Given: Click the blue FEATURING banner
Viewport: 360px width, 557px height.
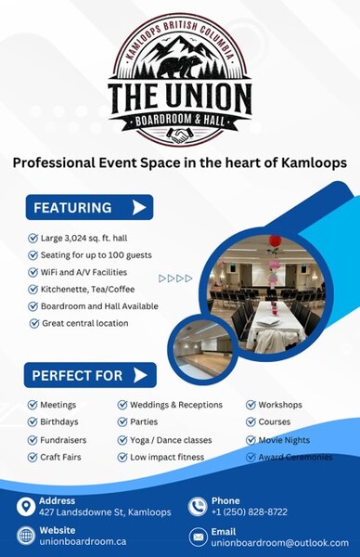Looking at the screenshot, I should (88, 207).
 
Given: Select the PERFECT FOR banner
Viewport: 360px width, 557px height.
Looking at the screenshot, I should (89, 375).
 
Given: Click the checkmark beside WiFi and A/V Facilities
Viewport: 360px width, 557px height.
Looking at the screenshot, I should (32, 272).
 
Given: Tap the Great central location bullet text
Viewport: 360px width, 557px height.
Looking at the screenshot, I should (84, 323).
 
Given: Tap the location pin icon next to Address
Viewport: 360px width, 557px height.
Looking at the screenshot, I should (26, 506).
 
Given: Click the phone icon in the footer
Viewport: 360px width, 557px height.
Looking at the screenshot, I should (197, 506).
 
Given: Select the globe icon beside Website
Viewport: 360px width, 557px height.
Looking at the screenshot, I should (26, 536).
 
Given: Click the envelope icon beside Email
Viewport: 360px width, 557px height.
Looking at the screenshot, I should (198, 537).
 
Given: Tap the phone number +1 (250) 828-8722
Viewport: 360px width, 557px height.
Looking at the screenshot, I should (250, 512).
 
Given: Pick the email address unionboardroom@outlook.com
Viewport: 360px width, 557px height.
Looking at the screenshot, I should (280, 542).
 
